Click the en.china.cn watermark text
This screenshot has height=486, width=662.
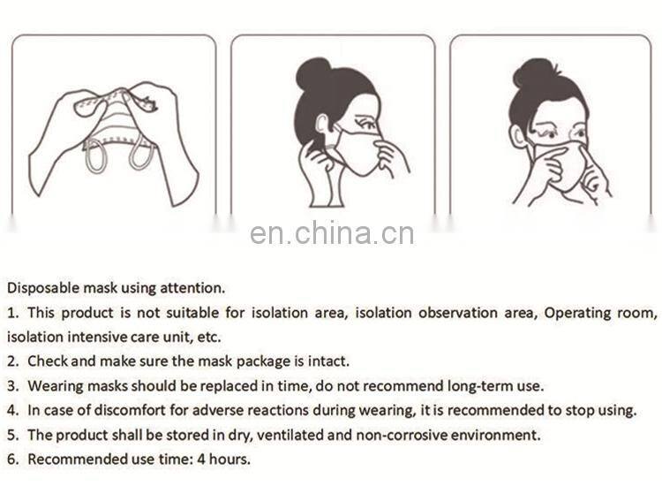tap(332, 233)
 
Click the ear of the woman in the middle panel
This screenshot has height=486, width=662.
tap(321, 126)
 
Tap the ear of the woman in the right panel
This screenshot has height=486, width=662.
tap(516, 137)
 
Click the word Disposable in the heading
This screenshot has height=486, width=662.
tap(43, 288)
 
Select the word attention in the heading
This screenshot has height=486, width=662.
tap(192, 288)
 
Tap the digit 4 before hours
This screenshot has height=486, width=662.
tap(201, 459)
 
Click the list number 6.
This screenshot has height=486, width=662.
tap(12, 459)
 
